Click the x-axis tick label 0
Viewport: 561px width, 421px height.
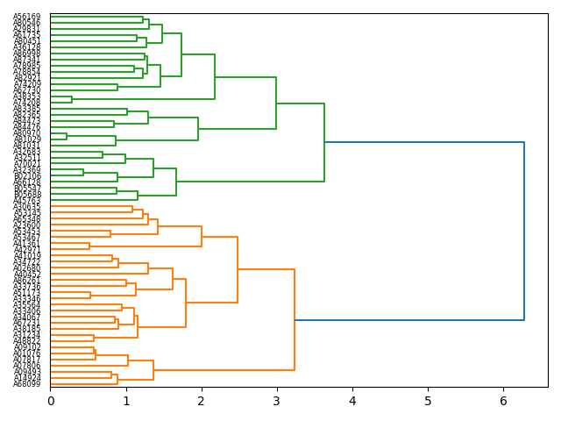[x=51, y=401]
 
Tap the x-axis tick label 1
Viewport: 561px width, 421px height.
[x=126, y=401]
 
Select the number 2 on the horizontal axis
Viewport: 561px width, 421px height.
[x=202, y=401]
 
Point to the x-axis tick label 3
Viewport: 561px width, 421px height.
[x=277, y=401]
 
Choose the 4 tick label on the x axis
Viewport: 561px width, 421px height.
[x=352, y=401]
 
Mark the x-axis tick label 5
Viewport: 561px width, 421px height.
[x=428, y=401]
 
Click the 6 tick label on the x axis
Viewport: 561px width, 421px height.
[x=503, y=401]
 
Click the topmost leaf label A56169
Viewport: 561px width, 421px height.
[x=27, y=17]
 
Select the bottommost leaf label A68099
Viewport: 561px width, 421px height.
[x=27, y=384]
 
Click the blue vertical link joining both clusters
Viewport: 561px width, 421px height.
[x=524, y=231]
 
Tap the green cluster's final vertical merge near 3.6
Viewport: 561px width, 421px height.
[x=324, y=142]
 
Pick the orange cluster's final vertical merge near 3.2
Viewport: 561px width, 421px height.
[x=295, y=320]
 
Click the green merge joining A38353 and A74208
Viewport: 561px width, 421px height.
[x=72, y=100]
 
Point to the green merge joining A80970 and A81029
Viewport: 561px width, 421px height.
[x=67, y=136]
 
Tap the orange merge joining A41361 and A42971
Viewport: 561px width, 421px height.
[x=89, y=246]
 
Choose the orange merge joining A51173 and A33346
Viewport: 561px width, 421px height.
[x=90, y=295]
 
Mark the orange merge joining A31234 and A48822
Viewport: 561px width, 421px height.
[x=94, y=338]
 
